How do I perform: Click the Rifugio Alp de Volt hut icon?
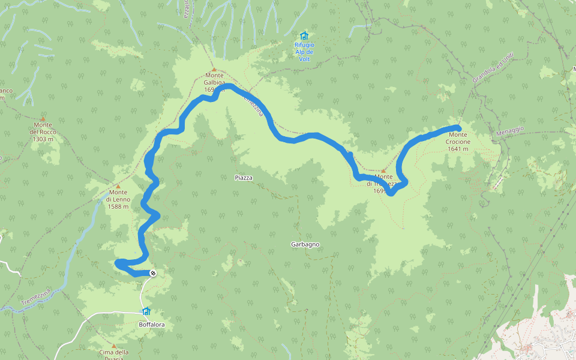click(x=304, y=35)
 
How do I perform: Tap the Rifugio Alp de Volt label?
click(x=304, y=52)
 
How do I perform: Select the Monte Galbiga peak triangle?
click(x=214, y=70)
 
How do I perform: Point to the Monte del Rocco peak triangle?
click(x=43, y=119)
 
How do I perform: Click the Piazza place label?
click(x=244, y=178)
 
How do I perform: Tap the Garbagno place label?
click(x=305, y=244)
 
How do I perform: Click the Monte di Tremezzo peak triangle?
click(x=383, y=171)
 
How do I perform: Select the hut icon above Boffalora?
click(x=146, y=311)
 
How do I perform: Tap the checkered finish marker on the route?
click(x=153, y=274)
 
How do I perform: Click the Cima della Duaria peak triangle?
click(x=114, y=346)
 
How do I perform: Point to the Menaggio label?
click(x=511, y=130)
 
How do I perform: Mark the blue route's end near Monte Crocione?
click(x=458, y=127)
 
